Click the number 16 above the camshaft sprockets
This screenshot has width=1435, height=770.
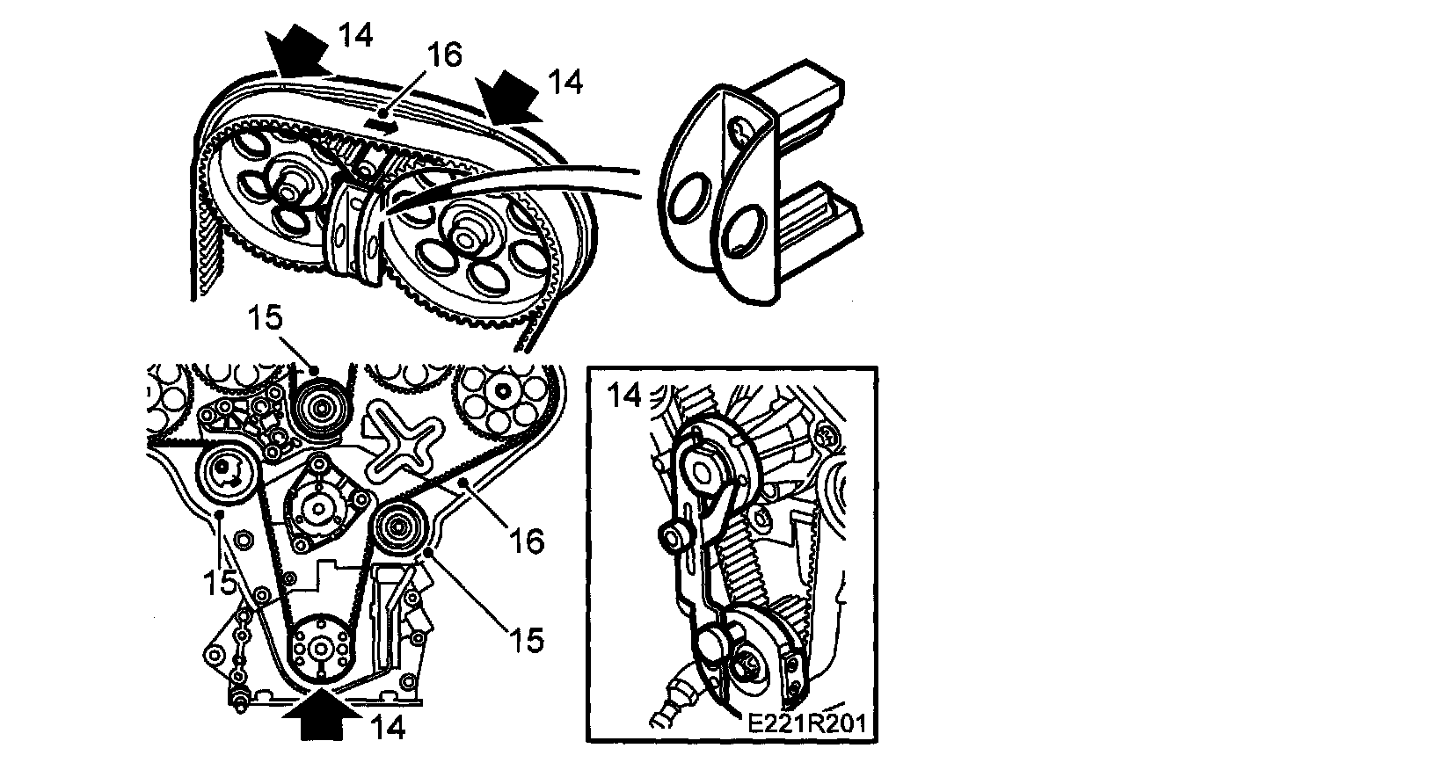coord(444,55)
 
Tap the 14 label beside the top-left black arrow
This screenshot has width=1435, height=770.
coord(355,34)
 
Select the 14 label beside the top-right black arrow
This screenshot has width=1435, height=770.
coord(565,82)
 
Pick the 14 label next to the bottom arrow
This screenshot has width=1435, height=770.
coord(388,728)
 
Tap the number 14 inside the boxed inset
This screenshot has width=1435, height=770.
coord(624,396)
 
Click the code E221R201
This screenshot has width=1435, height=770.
coord(807,724)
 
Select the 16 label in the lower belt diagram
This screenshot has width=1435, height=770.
coord(527,541)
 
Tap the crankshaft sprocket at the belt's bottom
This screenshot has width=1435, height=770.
coord(319,648)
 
